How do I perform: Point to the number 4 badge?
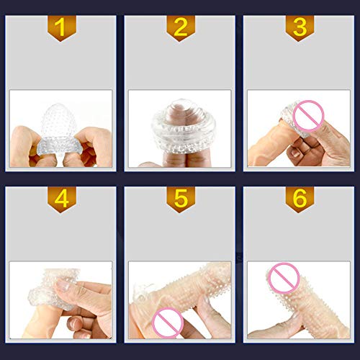[x=61, y=199]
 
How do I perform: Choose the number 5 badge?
[x=180, y=199]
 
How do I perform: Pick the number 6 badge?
[x=300, y=199]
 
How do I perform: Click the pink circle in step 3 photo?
[x=308, y=116]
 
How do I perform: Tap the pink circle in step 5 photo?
[x=168, y=323]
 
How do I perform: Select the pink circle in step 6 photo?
[x=284, y=278]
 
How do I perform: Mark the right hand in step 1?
[x=94, y=147]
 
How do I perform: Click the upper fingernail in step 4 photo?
[x=63, y=285]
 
